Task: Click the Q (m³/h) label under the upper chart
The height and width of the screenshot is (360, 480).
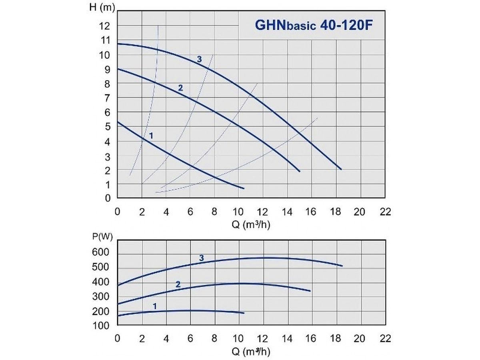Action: tap(251, 225)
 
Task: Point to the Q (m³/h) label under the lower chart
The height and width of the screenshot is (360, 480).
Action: tap(251, 352)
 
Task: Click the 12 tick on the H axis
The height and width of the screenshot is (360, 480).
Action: tap(105, 26)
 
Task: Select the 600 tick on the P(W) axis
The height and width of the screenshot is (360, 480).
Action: tap(100, 253)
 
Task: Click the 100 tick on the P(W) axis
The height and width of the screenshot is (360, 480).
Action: tap(100, 326)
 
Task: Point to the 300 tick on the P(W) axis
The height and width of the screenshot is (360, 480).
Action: tap(100, 297)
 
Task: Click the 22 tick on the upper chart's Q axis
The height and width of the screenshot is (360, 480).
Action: tap(385, 211)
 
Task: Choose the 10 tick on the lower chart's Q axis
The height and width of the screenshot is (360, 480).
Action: tap(239, 338)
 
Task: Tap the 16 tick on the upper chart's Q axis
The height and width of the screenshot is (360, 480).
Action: tap(312, 211)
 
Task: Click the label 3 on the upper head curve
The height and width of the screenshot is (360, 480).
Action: tap(199, 60)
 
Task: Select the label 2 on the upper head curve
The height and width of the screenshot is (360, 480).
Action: tap(180, 88)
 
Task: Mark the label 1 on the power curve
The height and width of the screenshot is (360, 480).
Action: tap(154, 306)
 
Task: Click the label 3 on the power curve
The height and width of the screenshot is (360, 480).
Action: tap(202, 258)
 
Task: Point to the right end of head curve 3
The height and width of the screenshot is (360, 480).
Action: tap(341, 169)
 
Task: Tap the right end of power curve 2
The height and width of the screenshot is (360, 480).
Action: tap(310, 291)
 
